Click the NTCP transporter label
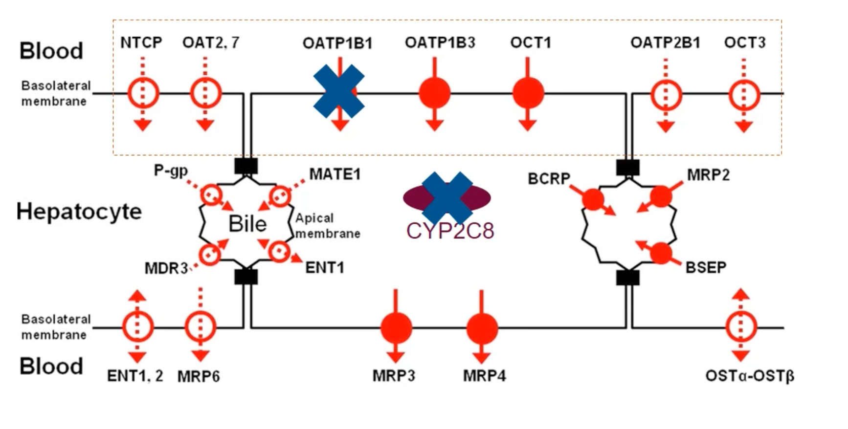tap(141, 43)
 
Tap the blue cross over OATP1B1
tap(338, 91)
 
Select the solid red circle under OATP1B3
tap(434, 93)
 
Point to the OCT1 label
tap(531, 43)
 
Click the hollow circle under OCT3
tap(744, 95)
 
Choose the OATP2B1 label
tap(665, 43)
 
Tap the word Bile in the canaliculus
tap(247, 224)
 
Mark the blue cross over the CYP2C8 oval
tap(447, 198)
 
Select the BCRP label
tap(549, 179)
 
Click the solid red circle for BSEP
tap(661, 253)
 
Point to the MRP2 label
tap(708, 175)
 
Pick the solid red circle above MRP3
tap(396, 328)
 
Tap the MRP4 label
tap(484, 376)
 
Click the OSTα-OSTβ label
tap(749, 376)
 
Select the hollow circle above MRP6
tap(200, 327)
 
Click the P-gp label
tap(171, 171)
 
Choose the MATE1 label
tap(335, 174)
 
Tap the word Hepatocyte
tap(79, 212)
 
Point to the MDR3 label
tap(166, 268)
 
